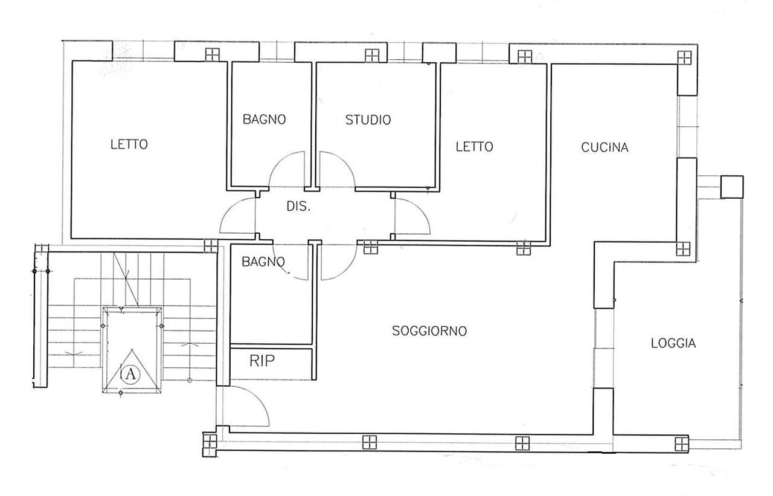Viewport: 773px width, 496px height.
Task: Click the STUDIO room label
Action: pyautogui.click(x=368, y=120)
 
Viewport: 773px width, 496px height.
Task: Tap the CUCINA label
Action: pyautogui.click(x=605, y=147)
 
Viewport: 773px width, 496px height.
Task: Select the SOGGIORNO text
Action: pyautogui.click(x=429, y=330)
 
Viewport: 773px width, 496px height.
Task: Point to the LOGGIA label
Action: pyautogui.click(x=673, y=343)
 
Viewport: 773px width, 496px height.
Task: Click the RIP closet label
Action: pyautogui.click(x=262, y=361)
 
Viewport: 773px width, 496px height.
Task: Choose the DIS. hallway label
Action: pyautogui.click(x=298, y=206)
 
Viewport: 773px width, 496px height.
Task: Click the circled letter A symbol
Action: pyautogui.click(x=130, y=373)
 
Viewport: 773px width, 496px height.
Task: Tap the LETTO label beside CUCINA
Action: pyautogui.click(x=474, y=147)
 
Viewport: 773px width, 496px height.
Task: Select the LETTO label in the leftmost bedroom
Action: pyautogui.click(x=129, y=144)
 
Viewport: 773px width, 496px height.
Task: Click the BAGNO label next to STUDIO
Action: pyautogui.click(x=264, y=120)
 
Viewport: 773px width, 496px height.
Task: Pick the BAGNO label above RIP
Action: pyautogui.click(x=263, y=262)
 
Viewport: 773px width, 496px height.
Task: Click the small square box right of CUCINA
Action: pyautogui.click(x=732, y=187)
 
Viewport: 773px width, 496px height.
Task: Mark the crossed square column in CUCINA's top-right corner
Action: pyautogui.click(x=684, y=57)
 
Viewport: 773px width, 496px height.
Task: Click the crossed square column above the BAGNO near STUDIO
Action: pyautogui.click(x=212, y=54)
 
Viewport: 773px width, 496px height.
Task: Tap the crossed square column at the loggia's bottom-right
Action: pyautogui.click(x=682, y=444)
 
